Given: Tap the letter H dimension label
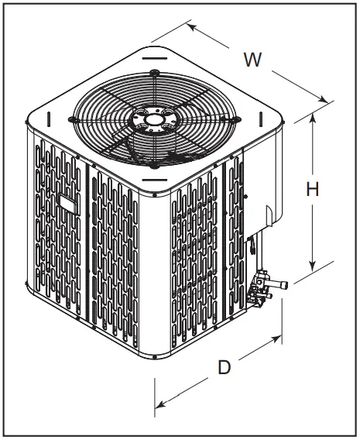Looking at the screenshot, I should tap(313, 189).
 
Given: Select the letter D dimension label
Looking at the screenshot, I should tap(224, 367).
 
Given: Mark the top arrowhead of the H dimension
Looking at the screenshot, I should tap(313, 117).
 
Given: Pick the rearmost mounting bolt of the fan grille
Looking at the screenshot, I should tap(154, 74).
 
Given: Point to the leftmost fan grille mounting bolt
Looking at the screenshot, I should tap(71, 119).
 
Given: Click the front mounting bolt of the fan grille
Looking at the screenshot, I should tap(155, 164).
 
